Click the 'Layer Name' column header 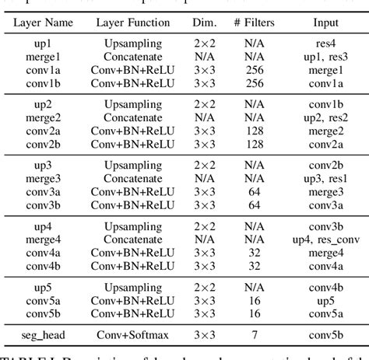tap(44, 23)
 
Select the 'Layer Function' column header tap(135, 23)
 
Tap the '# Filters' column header tap(253, 23)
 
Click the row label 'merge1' tap(44, 57)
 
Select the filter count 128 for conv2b tap(253, 143)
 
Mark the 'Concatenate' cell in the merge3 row tap(135, 179)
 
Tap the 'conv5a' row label tap(44, 300)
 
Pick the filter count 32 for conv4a tap(253, 253)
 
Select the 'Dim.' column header tap(203, 23)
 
